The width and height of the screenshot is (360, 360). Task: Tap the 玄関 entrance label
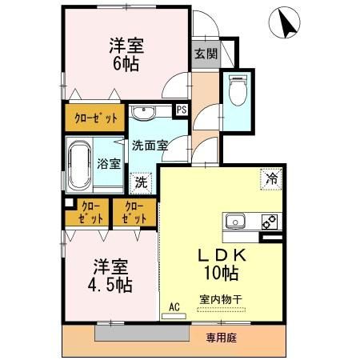(205, 54)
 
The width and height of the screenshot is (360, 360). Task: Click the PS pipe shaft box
(182, 110)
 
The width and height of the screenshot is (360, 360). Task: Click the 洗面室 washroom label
(150, 146)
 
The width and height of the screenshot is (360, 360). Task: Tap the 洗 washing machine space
(142, 182)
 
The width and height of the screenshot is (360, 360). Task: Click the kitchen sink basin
(237, 222)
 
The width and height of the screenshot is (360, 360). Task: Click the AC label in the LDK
(174, 306)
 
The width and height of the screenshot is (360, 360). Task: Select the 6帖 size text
(126, 63)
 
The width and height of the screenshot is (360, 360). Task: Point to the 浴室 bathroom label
(109, 164)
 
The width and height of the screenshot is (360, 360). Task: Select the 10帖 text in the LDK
(219, 274)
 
